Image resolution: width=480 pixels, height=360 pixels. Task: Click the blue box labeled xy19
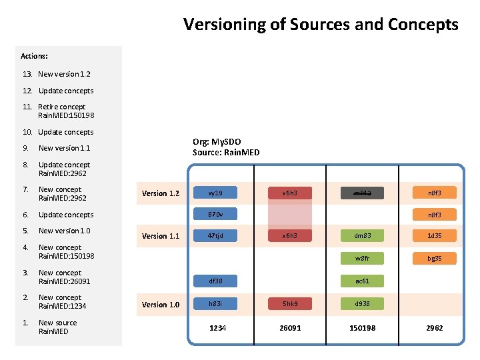(x=215, y=193)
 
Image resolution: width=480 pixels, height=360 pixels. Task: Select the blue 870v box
(x=215, y=215)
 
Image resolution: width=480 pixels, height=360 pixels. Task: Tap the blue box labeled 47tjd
(x=215, y=235)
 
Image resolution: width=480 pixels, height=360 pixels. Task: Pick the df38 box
(x=215, y=281)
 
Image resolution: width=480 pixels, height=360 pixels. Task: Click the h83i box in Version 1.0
(x=215, y=304)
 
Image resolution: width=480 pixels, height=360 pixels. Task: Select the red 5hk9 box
(x=290, y=304)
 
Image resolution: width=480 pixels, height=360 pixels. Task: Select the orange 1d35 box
(x=434, y=235)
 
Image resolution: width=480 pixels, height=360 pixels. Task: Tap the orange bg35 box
(x=434, y=258)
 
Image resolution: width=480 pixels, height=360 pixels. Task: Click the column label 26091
(x=290, y=328)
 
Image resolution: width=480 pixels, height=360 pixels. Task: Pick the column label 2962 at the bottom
(x=434, y=328)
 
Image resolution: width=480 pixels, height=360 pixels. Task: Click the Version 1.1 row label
(x=160, y=236)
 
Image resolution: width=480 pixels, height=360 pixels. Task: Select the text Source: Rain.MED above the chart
(x=226, y=153)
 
